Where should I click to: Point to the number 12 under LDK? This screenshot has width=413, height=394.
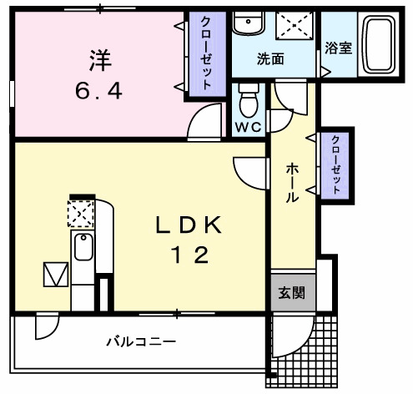[x=189, y=255]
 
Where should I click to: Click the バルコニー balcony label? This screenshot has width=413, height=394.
[x=141, y=341]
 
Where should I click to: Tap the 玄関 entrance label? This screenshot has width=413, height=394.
[x=292, y=293]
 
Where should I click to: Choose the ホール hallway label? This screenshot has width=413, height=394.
[x=293, y=183]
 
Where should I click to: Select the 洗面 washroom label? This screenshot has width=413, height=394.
[x=269, y=59]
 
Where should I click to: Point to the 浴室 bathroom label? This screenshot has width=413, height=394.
[x=339, y=48]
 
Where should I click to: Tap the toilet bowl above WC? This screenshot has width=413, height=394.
[x=248, y=103]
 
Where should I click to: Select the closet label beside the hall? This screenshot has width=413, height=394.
[x=336, y=164]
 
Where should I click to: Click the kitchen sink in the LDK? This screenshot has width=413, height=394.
[x=83, y=248]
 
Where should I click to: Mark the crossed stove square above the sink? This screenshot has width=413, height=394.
[x=82, y=215]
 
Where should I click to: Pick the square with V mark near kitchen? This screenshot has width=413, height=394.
[x=54, y=274]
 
